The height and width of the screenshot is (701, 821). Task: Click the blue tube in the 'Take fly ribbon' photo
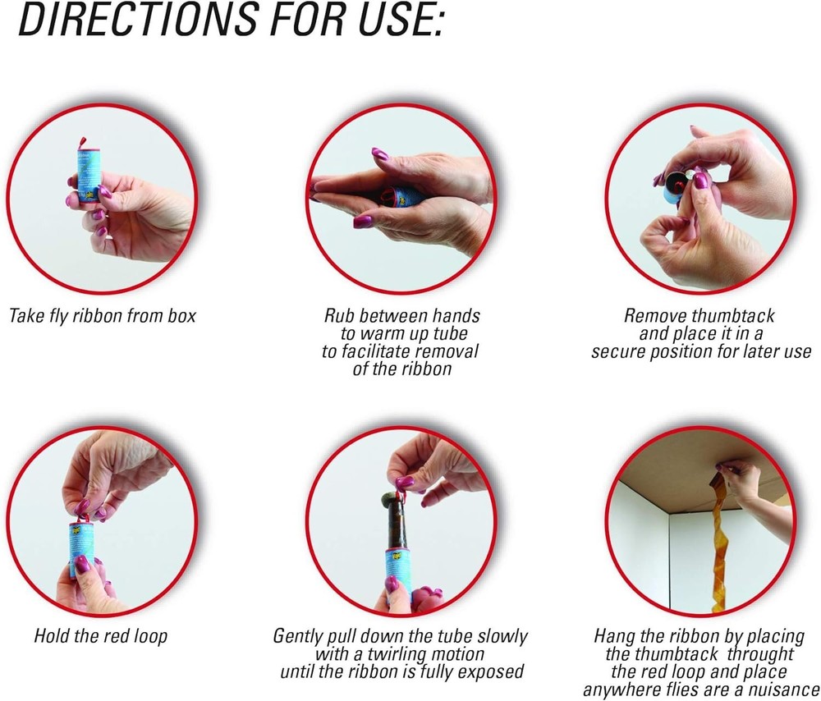[85, 177]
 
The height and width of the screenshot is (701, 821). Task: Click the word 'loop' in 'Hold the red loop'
[152, 635]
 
